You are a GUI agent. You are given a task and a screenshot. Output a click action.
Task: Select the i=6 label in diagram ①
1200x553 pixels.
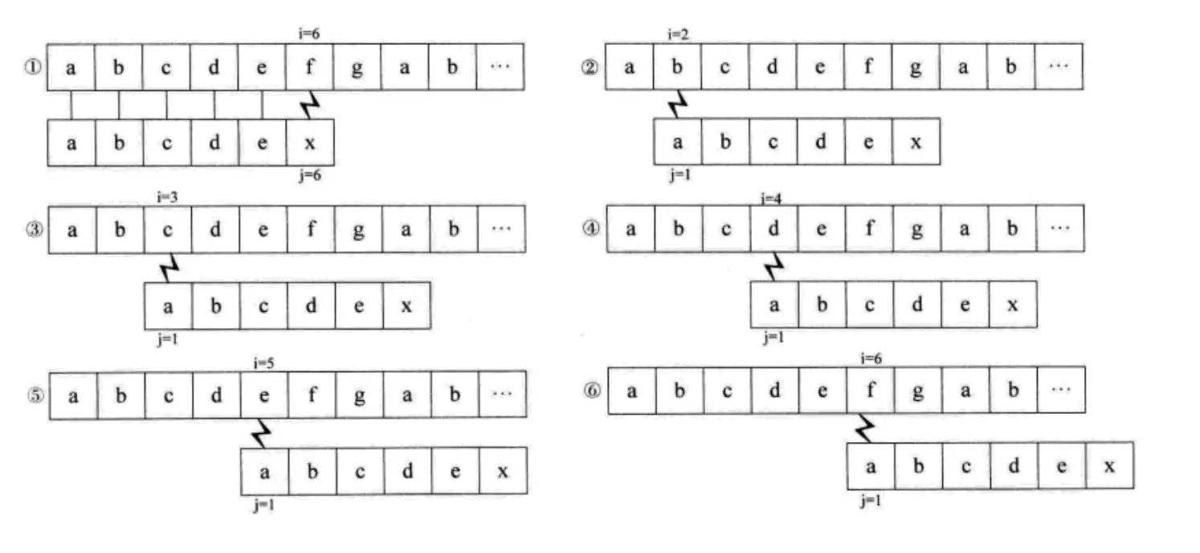click(x=309, y=33)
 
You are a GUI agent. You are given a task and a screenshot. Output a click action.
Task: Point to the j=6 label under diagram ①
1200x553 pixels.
click(x=309, y=176)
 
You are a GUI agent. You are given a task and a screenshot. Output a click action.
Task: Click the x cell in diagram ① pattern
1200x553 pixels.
click(x=309, y=142)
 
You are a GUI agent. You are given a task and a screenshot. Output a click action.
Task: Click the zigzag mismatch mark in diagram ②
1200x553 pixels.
click(x=679, y=104)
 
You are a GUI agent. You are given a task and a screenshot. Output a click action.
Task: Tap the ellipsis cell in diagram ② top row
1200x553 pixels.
click(x=1059, y=67)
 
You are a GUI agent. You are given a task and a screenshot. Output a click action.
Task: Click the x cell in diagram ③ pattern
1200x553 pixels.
click(x=406, y=305)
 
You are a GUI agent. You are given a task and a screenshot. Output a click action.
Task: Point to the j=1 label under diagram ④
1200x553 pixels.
click(x=773, y=338)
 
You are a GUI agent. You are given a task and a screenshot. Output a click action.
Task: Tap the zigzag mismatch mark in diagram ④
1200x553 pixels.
click(x=773, y=266)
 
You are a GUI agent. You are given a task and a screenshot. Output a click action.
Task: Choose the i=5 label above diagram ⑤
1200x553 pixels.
click(x=264, y=363)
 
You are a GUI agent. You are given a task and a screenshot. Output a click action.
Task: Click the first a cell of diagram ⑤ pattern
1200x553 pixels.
click(x=264, y=471)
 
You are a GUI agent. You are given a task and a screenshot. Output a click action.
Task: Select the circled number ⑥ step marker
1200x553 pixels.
click(x=593, y=391)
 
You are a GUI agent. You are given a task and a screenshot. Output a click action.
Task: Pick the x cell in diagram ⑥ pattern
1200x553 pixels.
click(x=1109, y=465)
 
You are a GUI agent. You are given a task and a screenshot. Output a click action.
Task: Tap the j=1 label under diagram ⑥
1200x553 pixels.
click(x=870, y=501)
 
